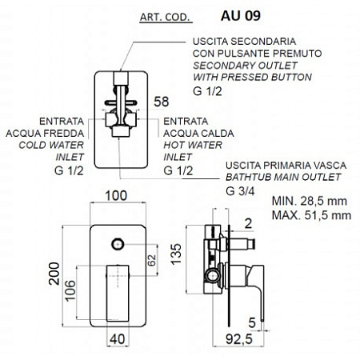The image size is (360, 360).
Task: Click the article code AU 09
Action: click(x=241, y=16)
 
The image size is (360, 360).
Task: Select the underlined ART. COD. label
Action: click(x=165, y=18)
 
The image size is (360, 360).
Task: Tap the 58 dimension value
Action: click(x=162, y=102)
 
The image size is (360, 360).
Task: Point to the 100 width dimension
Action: click(x=116, y=196)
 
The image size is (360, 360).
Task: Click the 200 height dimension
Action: click(x=54, y=274)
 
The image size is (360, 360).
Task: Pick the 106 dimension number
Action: click(x=70, y=291)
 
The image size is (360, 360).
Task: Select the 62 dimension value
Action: click(x=151, y=260)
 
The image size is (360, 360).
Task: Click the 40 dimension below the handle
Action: click(x=118, y=339)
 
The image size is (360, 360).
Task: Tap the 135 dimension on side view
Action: click(x=176, y=254)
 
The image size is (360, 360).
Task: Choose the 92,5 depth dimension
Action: click(x=239, y=339)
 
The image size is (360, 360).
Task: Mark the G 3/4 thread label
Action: click(x=240, y=191)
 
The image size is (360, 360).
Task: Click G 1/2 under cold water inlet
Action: click(x=69, y=170)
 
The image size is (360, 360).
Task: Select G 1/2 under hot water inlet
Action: click(x=178, y=170)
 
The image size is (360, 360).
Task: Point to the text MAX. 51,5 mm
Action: click(x=311, y=215)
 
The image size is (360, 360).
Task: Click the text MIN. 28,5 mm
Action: click(x=310, y=201)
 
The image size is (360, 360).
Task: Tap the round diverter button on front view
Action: click(x=118, y=244)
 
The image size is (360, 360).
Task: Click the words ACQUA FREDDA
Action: click(x=45, y=134)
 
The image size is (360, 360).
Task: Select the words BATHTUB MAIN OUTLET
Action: click(x=283, y=177)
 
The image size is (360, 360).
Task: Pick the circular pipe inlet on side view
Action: click(x=212, y=276)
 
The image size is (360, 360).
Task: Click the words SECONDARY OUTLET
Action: click(x=245, y=66)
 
